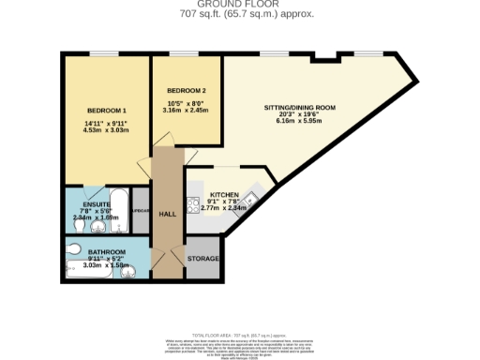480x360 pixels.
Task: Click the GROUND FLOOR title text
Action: [239, 5]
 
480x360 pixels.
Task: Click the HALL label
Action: [166, 214]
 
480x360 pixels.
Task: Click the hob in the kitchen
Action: [191, 205]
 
